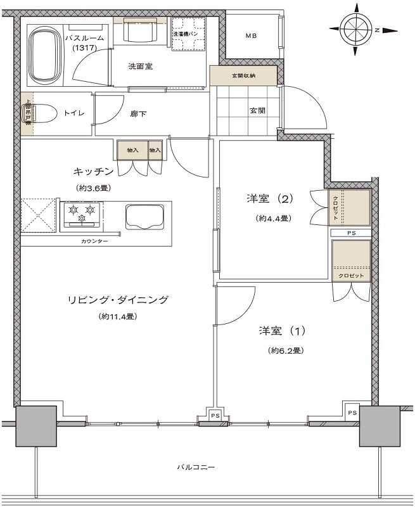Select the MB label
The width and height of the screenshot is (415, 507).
252,36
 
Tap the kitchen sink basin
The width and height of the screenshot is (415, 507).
145,217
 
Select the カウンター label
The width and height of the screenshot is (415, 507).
94,241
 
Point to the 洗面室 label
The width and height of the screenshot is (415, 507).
140,66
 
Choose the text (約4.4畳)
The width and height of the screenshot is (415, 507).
274,219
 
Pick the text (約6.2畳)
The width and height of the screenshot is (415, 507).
285,350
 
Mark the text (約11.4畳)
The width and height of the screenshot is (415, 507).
118,316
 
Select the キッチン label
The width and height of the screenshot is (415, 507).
93,172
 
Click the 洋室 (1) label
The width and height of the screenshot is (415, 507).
282,331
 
